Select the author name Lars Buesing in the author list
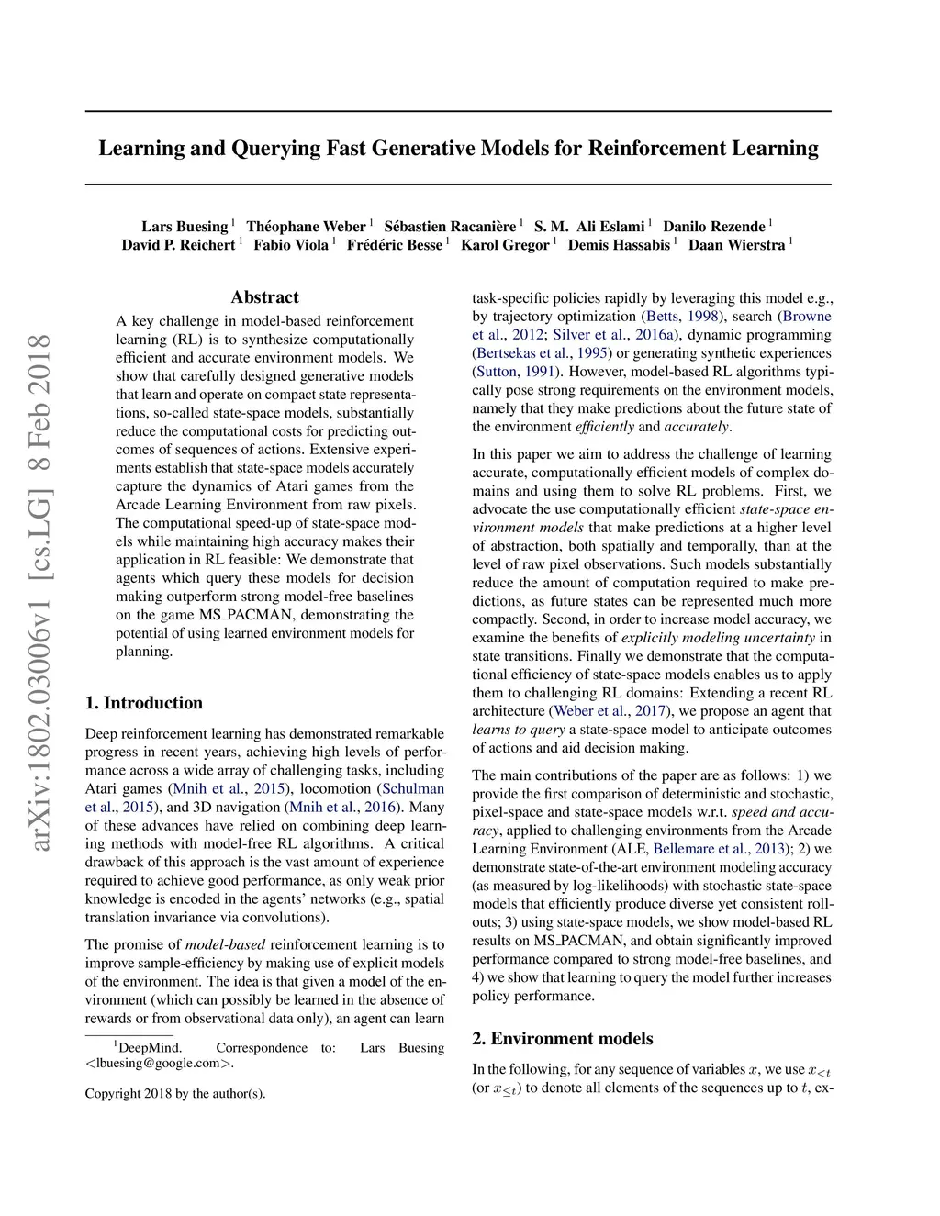click(x=185, y=227)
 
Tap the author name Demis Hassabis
click(x=619, y=245)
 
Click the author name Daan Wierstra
click(x=736, y=245)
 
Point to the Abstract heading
click(x=264, y=297)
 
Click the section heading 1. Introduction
click(x=144, y=703)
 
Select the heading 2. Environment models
click(x=563, y=1039)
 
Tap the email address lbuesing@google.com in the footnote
click(x=158, y=1064)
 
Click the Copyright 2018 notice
click(x=175, y=1093)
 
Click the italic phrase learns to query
click(x=519, y=730)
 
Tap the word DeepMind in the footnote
click(x=150, y=1048)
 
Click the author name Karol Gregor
click(x=505, y=245)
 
